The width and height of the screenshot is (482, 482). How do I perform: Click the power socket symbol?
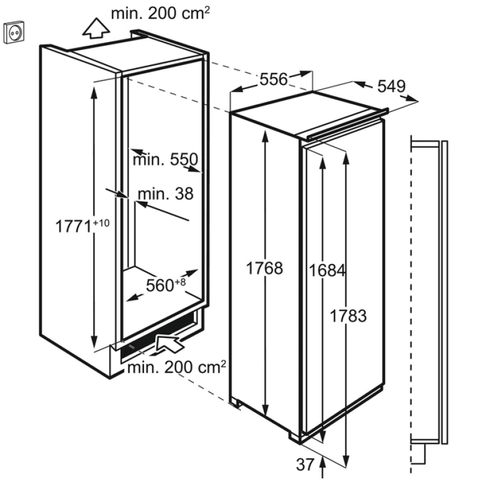14,33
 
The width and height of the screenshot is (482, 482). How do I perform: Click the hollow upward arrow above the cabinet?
96,28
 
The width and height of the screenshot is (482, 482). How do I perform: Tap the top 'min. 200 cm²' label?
160,13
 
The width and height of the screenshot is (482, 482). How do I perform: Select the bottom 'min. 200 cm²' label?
177,367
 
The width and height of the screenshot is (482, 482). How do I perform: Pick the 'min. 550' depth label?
165,160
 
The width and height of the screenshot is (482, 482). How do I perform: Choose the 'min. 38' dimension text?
165,194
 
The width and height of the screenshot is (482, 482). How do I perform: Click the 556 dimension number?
274,80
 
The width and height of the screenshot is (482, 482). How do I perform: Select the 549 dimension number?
391,86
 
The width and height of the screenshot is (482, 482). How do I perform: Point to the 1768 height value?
264,268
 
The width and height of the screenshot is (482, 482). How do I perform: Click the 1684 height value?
327,271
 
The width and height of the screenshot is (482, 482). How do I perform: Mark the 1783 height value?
348,316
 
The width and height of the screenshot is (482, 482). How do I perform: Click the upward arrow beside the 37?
322,467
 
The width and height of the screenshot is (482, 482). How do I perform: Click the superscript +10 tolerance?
101,222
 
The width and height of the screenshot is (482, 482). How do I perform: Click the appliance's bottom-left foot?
235,402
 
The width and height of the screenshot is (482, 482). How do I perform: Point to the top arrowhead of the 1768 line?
265,136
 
